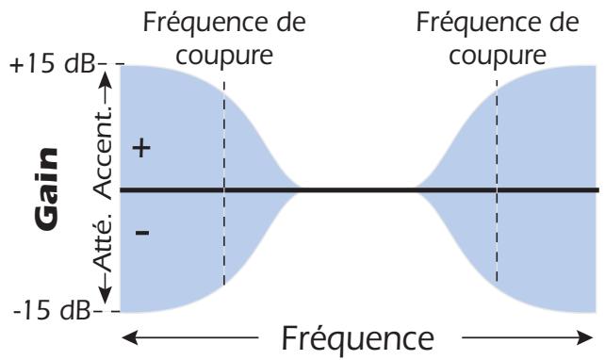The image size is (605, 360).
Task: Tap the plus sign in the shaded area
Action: coord(142,151)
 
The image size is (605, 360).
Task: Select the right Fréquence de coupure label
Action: coord(497,38)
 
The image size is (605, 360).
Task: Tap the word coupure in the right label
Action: coord(498,54)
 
